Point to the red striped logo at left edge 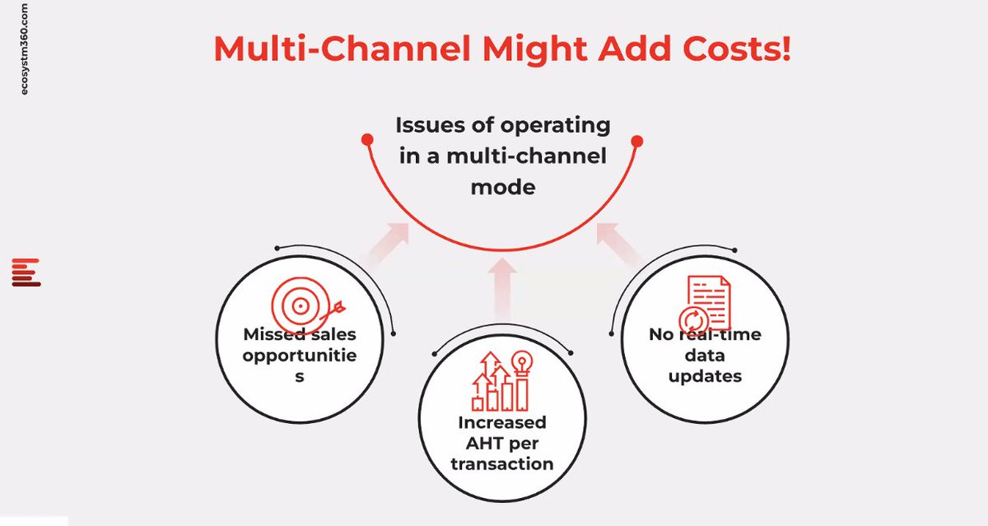coord(26,272)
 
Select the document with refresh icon coord(705,305)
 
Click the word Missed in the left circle coord(272,335)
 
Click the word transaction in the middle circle coord(502,463)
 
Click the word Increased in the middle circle coord(502,422)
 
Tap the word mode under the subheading coord(502,187)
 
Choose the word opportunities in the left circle coord(300,356)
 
